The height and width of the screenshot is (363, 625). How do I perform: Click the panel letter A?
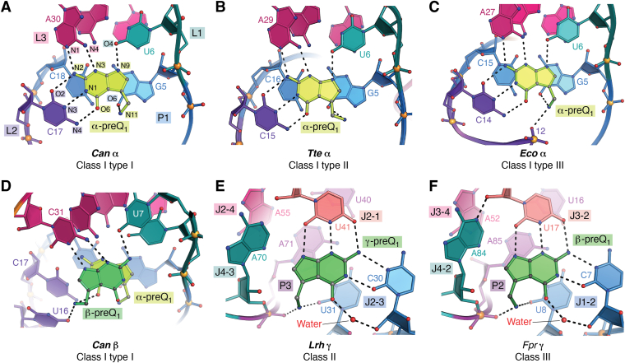click(7, 7)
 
